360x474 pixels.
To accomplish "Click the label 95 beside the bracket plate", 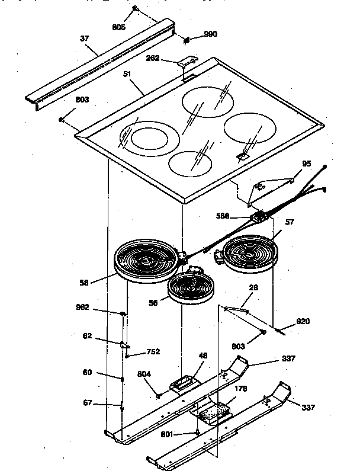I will [306, 164].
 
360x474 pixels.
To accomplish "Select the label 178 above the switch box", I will [240, 389].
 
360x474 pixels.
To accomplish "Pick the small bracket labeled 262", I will [188, 62].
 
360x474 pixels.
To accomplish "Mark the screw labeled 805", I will [136, 9].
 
